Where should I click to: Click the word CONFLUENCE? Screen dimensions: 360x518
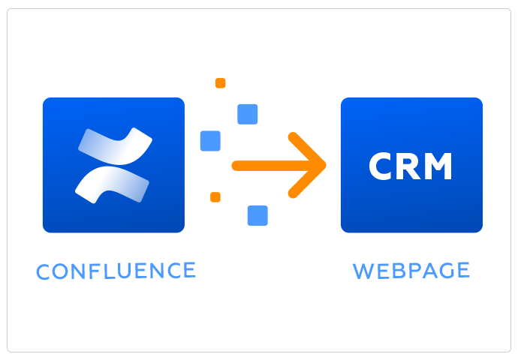tap(116, 270)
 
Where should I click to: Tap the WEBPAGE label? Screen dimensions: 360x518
tap(411, 270)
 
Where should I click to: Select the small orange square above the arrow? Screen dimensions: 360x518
tap(220, 83)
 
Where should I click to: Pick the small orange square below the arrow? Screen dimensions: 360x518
tap(215, 197)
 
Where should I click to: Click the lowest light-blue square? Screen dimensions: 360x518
tap(257, 215)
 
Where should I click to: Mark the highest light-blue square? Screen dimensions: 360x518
tap(248, 114)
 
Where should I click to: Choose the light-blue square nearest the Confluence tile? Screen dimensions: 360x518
tap(210, 141)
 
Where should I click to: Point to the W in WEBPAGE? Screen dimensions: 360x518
tap(363, 270)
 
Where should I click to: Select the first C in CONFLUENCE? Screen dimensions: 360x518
tap(44, 271)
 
